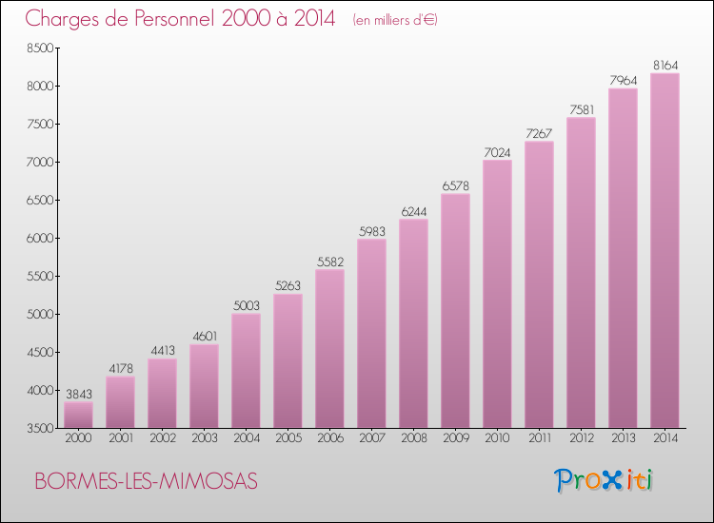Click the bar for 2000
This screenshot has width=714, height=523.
click(78, 415)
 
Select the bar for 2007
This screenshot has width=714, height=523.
click(371, 334)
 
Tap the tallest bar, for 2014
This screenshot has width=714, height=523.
click(664, 251)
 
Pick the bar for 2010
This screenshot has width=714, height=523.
click(497, 294)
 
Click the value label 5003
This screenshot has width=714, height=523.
click(247, 305)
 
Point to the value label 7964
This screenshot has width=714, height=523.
click(624, 81)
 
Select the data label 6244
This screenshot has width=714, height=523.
click(414, 211)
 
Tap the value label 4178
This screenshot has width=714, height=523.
click(121, 368)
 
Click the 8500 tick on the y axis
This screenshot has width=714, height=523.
click(40, 48)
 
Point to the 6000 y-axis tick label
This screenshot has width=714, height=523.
click(40, 239)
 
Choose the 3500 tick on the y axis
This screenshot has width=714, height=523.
click(40, 429)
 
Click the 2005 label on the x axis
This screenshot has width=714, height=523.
click(288, 438)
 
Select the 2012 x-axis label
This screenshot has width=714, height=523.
click(582, 438)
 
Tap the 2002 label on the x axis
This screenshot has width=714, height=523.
click(163, 438)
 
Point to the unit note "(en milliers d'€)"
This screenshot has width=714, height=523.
click(395, 20)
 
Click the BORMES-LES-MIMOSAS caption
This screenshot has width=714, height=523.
click(147, 481)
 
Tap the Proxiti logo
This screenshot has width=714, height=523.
click(604, 480)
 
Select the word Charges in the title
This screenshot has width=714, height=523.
click(62, 20)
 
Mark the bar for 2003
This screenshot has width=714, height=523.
click(204, 386)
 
